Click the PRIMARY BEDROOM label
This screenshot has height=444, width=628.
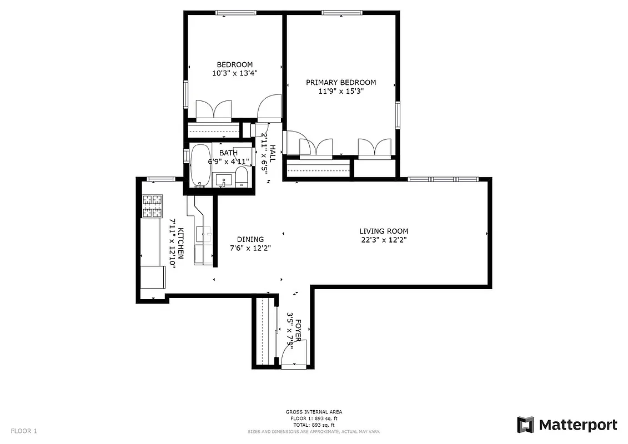pyautogui.click(x=341, y=82)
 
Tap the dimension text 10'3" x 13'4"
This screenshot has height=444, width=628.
pyautogui.click(x=234, y=73)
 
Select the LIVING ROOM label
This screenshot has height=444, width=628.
pyautogui.click(x=384, y=231)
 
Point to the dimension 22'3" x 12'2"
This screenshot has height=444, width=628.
pyautogui.click(x=384, y=240)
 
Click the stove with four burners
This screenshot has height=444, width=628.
pyautogui.click(x=153, y=206)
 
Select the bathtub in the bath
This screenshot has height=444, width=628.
pyautogui.click(x=200, y=165)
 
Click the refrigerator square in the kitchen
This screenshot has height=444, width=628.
pyautogui.click(x=153, y=276)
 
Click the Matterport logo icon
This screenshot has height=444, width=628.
pyautogui.click(x=525, y=425)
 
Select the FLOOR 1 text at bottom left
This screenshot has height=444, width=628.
pyautogui.click(x=24, y=431)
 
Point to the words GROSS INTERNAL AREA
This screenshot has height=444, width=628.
pyautogui.click(x=314, y=412)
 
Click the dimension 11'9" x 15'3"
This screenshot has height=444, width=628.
pyautogui.click(x=341, y=92)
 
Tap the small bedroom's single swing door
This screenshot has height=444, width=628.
pyautogui.click(x=270, y=107)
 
